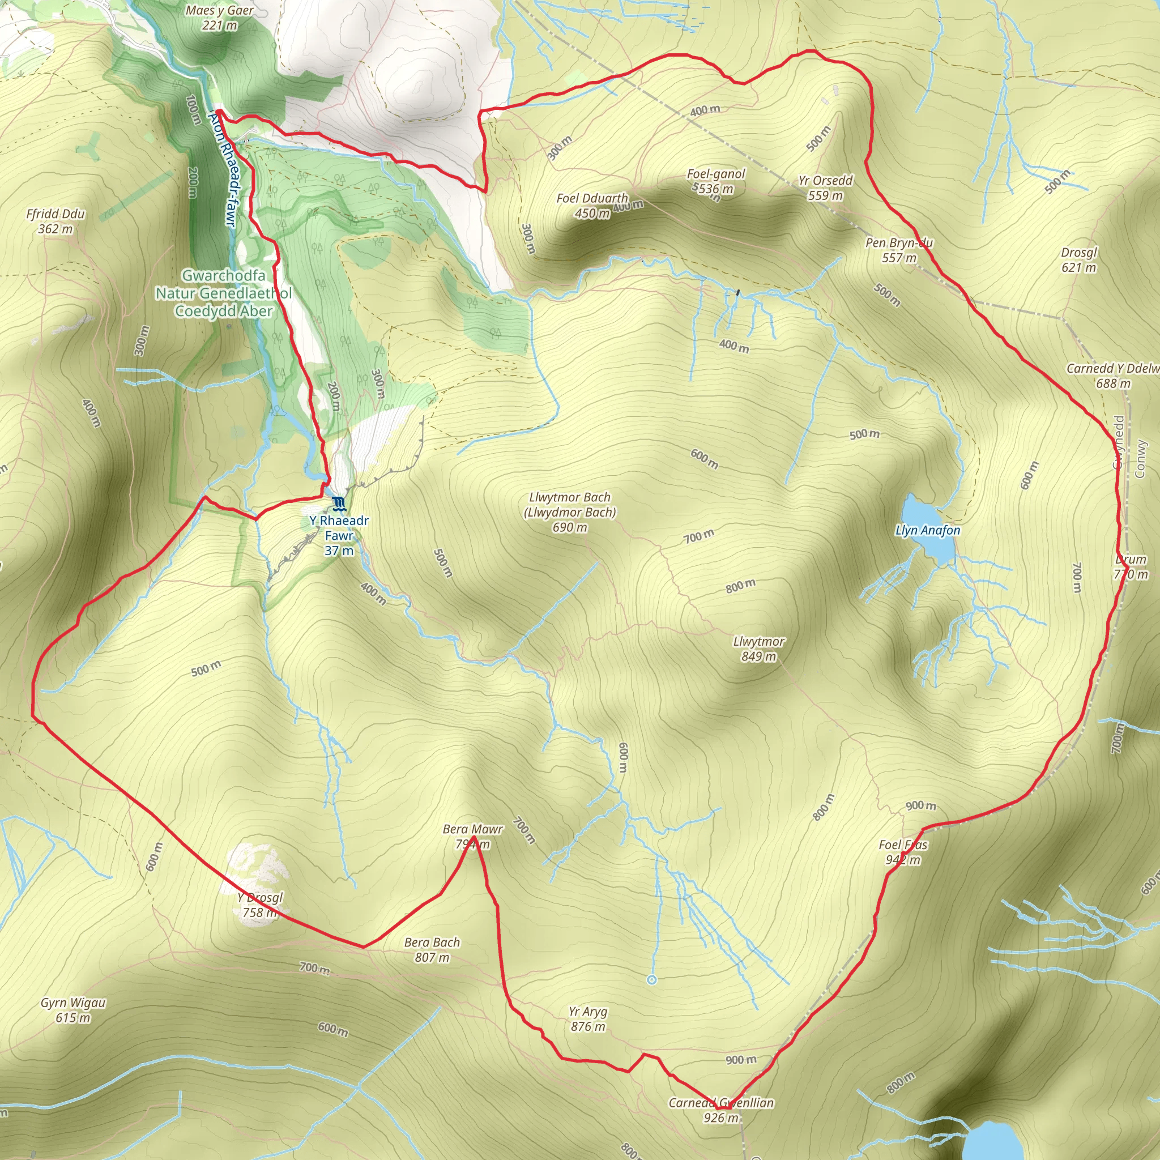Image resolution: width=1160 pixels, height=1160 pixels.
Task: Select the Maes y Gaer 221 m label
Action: (219, 18)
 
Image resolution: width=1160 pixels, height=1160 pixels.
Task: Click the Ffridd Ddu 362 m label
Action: (56, 221)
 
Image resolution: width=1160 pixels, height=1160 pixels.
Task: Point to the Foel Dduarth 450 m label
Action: (592, 206)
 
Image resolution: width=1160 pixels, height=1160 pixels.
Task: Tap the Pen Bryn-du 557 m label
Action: (899, 250)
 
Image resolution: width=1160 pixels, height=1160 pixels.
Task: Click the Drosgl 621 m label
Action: (1078, 259)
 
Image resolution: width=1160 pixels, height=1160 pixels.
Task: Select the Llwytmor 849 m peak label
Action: (759, 649)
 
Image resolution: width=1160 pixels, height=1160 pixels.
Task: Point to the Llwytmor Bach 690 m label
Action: (569, 512)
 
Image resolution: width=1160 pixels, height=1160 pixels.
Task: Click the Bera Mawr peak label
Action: (472, 836)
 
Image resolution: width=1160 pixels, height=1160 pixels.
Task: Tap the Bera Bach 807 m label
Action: (432, 949)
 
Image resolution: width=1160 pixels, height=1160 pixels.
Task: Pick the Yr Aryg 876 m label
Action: (588, 1019)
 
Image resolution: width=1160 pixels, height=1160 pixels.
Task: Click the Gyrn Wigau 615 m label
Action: (73, 1010)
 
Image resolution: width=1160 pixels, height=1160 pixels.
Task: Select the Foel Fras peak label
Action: (903, 852)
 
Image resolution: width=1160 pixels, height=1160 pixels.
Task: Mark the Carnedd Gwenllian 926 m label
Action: (721, 1110)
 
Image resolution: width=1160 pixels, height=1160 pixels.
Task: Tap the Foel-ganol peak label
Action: (716, 181)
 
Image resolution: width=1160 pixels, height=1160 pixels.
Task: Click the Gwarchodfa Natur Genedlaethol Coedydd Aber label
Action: (223, 293)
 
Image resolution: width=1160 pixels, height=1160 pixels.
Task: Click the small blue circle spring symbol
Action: (652, 980)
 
